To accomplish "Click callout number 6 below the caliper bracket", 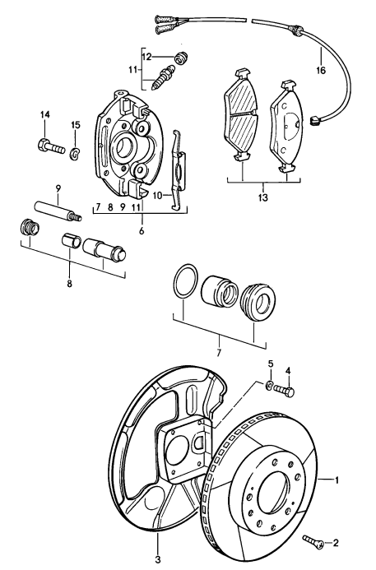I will (142, 233).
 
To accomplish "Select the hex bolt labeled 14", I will (50, 149).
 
